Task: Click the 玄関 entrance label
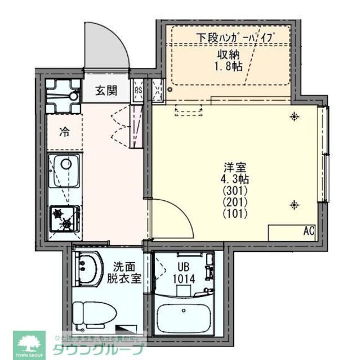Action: click(106, 90)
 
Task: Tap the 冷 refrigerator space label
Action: click(65, 133)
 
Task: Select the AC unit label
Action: click(309, 231)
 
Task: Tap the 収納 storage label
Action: click(229, 55)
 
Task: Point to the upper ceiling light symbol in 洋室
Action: click(294, 117)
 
